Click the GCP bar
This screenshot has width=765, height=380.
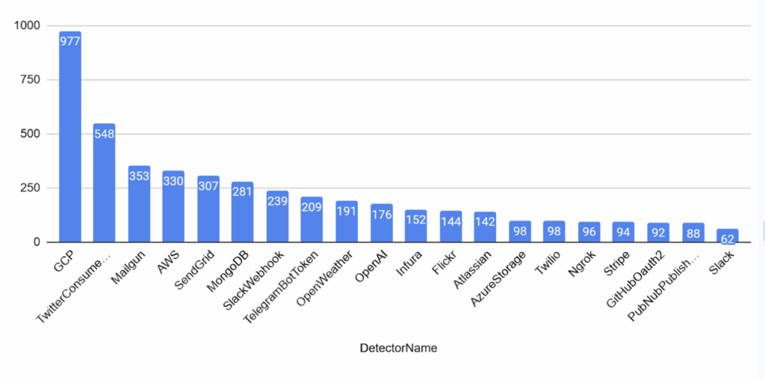69,138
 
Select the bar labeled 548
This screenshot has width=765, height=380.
104,183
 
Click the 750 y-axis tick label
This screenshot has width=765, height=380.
33,80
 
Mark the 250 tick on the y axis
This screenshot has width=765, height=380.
33,188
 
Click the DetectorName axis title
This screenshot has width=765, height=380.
398,348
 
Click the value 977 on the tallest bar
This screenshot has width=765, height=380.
69,42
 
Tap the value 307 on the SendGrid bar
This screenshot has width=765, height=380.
208,186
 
